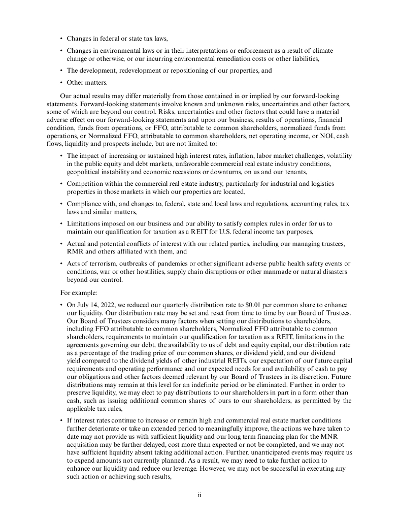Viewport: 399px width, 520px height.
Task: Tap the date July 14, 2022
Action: point(90,303)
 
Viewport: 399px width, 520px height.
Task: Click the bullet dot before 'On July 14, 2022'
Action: point(61,303)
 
